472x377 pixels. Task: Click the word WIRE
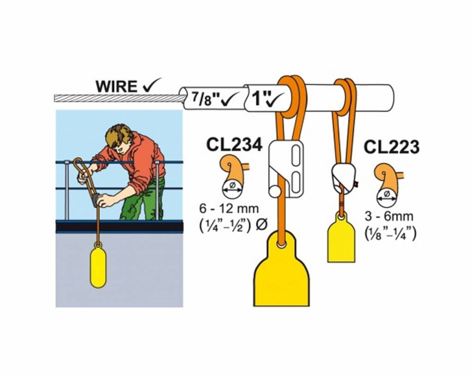coord(116,86)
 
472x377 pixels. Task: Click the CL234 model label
coord(234,144)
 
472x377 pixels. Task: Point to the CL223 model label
coord(391,147)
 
